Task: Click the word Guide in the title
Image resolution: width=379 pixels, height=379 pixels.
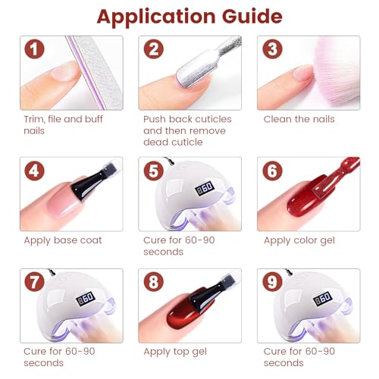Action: pos(252,17)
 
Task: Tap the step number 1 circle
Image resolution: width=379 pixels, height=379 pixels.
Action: pos(34,49)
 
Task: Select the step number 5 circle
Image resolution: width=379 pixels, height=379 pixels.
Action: pos(154,171)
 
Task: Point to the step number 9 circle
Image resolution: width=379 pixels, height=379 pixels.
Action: pos(272,282)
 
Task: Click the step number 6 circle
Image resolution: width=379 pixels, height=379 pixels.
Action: pos(272,171)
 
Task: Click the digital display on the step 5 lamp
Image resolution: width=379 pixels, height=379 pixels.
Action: pos(205,188)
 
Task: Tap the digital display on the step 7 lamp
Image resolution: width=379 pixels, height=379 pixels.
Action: pos(86,298)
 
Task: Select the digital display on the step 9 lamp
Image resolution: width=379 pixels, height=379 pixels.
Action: pos(323,299)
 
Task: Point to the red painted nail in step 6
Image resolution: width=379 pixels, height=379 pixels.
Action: pos(307,199)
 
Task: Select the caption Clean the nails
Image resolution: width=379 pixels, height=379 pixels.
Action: pos(299,119)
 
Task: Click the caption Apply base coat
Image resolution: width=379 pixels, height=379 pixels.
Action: pos(63,240)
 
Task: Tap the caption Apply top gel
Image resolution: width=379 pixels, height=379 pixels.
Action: pos(175,352)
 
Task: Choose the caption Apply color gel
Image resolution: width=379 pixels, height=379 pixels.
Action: pos(299,240)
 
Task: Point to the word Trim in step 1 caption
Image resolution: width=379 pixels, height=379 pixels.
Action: pos(34,119)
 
